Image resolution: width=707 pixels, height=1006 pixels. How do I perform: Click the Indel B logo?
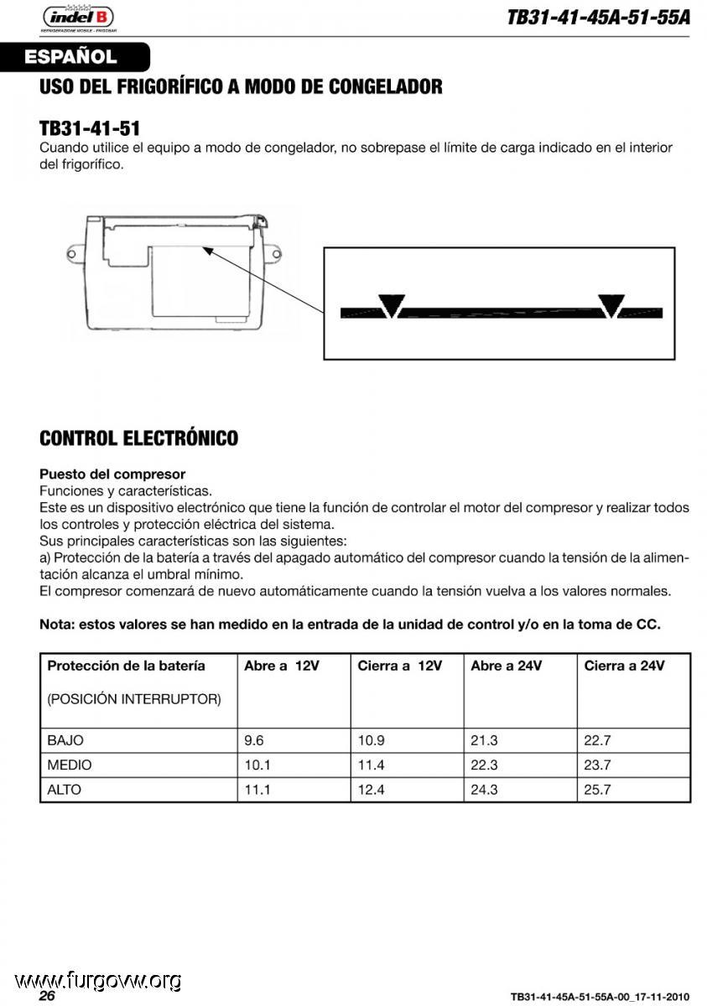click(x=78, y=18)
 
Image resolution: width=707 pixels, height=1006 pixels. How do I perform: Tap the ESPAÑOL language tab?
click(x=70, y=58)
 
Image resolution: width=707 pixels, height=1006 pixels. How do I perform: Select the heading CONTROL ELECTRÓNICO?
click(x=138, y=438)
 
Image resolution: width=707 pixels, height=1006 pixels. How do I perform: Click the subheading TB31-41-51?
click(x=89, y=128)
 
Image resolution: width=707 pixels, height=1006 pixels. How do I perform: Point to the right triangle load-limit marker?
click(x=611, y=305)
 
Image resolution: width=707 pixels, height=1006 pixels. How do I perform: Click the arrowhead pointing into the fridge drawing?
click(x=207, y=250)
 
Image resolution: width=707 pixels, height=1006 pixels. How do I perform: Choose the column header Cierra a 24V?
click(x=624, y=666)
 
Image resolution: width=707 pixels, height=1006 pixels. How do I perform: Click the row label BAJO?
click(x=65, y=740)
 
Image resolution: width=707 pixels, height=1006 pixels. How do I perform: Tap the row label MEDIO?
click(x=70, y=765)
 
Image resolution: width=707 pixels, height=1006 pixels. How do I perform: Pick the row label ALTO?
click(x=65, y=789)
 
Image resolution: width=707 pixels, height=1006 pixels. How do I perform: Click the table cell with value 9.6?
click(x=253, y=740)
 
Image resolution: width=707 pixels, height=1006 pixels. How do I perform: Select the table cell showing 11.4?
click(x=371, y=765)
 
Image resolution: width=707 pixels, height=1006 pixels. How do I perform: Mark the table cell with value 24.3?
click(x=484, y=789)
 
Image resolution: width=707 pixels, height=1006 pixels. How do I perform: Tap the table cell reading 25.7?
click(x=597, y=789)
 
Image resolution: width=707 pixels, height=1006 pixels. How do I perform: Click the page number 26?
click(x=47, y=995)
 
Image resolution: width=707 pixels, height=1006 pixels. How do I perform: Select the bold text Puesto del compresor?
click(x=112, y=474)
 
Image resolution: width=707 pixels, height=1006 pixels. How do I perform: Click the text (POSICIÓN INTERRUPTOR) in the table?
click(x=134, y=698)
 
